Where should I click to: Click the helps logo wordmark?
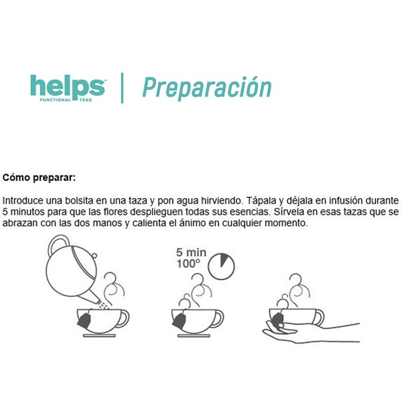[67, 86]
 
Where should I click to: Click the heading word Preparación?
[206, 88]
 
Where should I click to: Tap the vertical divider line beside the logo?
[122, 88]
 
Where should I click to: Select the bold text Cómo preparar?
[40, 178]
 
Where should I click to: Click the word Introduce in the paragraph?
[23, 200]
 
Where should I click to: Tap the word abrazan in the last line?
[21, 223]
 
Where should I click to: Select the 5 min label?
[191, 253]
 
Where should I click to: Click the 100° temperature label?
[188, 265]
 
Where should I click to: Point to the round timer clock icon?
[220, 265]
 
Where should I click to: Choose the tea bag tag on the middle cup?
[179, 323]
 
